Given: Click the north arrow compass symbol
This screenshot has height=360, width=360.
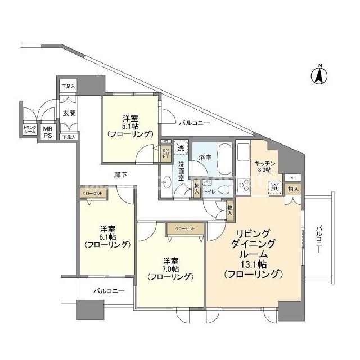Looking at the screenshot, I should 319,75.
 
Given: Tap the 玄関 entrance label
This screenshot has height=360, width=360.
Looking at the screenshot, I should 69,112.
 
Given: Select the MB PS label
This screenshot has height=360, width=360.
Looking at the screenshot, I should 48,132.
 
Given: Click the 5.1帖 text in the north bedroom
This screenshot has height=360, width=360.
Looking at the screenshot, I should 130,127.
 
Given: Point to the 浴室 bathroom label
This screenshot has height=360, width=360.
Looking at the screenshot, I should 205,157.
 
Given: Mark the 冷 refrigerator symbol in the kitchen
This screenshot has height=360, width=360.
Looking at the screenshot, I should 274,188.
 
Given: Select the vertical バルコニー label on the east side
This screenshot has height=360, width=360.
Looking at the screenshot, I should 318,240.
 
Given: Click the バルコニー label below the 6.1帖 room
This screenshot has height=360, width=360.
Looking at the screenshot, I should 106,291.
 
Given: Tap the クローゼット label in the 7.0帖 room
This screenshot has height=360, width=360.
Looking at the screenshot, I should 184,229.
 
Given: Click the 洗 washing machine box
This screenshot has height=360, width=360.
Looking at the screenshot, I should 180,148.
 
